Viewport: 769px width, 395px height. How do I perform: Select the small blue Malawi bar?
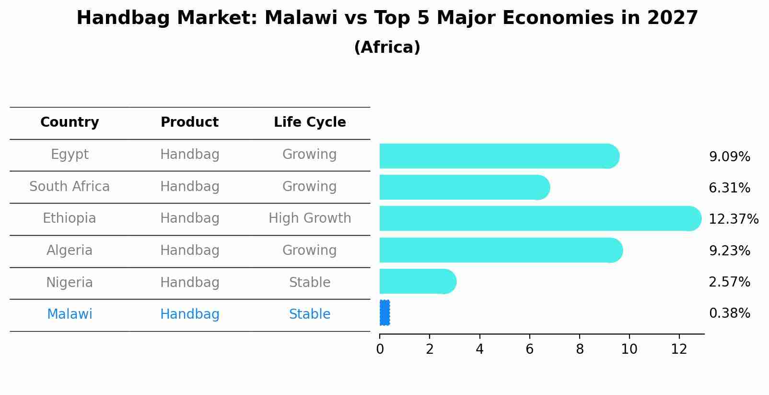384,313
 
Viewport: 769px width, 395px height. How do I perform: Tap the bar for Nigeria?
417,281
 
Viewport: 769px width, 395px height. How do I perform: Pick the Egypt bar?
499,156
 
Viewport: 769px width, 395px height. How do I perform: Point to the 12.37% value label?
734,219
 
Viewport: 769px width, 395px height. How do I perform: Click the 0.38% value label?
729,313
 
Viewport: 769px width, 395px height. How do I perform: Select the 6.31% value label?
729,188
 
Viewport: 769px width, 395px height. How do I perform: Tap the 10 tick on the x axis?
629,349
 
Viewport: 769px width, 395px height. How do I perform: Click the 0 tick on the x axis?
380,349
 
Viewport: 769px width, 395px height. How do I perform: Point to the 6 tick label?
529,349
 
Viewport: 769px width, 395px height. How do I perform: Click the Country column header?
70,122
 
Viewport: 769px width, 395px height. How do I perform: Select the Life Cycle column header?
310,122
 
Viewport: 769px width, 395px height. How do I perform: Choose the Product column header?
189,122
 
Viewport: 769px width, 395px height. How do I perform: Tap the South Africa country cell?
70,186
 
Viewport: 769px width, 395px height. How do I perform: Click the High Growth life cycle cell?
310,218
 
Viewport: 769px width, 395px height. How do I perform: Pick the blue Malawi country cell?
70,314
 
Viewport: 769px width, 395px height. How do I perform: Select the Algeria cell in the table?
70,251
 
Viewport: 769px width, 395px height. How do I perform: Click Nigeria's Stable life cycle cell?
310,282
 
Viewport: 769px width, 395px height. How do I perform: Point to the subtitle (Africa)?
387,48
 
